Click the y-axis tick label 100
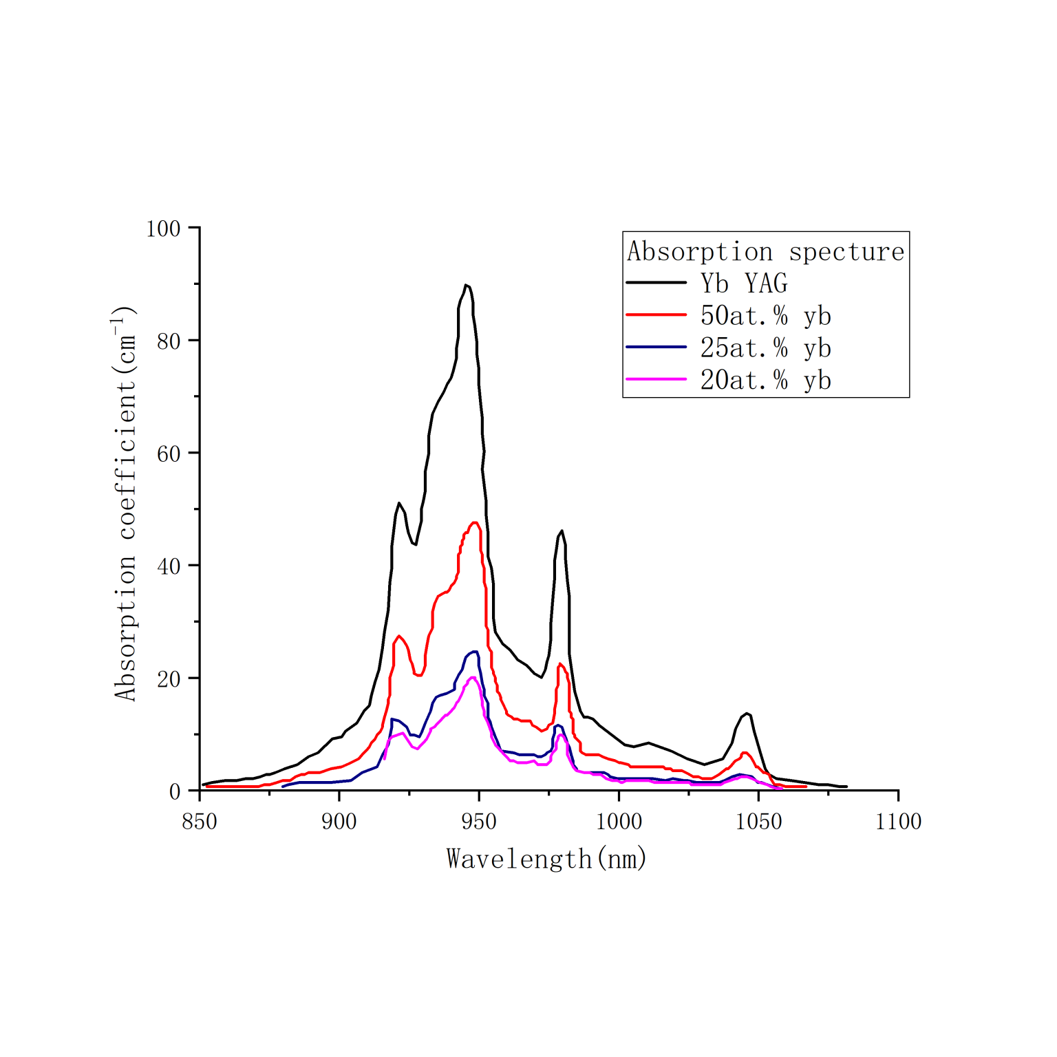coord(163,228)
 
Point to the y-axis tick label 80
coord(169,341)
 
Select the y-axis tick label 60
coord(169,453)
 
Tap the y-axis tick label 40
coord(169,566)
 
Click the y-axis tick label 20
coord(169,679)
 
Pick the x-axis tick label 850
coord(200,821)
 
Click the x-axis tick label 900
coord(339,821)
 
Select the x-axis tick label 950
coord(479,821)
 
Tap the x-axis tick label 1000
coord(619,821)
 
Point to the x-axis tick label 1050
coord(758,821)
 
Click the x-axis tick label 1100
coord(898,821)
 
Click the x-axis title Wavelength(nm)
coord(547,859)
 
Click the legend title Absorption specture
coord(765,252)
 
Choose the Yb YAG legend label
coord(744,283)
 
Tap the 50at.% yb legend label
coord(766,315)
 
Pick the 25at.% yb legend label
coord(766,348)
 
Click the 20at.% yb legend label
coord(766,380)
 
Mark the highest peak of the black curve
coord(466,285)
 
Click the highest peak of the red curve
coord(475,523)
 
